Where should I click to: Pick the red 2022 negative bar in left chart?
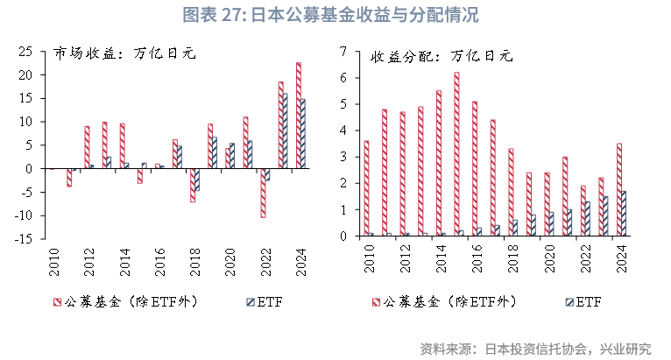tap(263, 192)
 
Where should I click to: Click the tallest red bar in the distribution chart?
tap(456, 154)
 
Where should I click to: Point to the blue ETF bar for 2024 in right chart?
tap(624, 214)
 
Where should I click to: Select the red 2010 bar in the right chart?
tap(366, 188)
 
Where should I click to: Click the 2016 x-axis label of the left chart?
tap(158, 260)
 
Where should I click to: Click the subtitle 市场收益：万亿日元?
tap(124, 53)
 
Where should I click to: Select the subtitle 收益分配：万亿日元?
tap(441, 58)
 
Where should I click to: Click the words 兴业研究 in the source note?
tap(625, 348)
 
